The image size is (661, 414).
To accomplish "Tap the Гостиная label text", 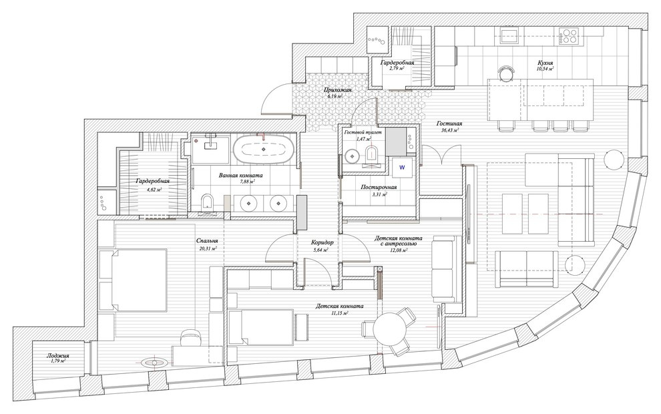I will pos(449,124).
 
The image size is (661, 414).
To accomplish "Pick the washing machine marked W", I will pos(403,166).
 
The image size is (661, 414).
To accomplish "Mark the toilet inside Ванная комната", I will pos(206,202).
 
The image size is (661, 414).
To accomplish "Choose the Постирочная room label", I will pos(379,187).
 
